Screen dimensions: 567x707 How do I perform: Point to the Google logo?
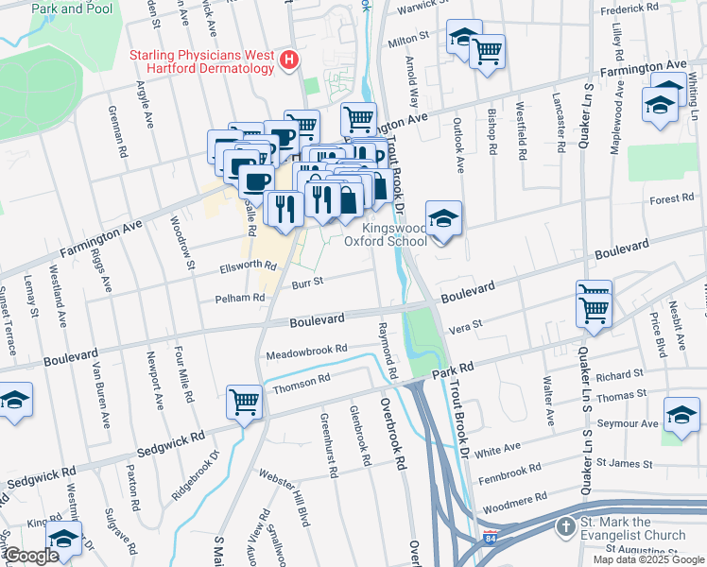[x=30, y=556]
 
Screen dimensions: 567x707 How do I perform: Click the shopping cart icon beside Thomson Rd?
[x=245, y=402]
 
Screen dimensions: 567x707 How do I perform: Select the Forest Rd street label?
[x=672, y=199]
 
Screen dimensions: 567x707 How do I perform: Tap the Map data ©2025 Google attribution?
[x=647, y=559]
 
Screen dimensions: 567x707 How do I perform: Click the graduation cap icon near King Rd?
[x=63, y=539]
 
